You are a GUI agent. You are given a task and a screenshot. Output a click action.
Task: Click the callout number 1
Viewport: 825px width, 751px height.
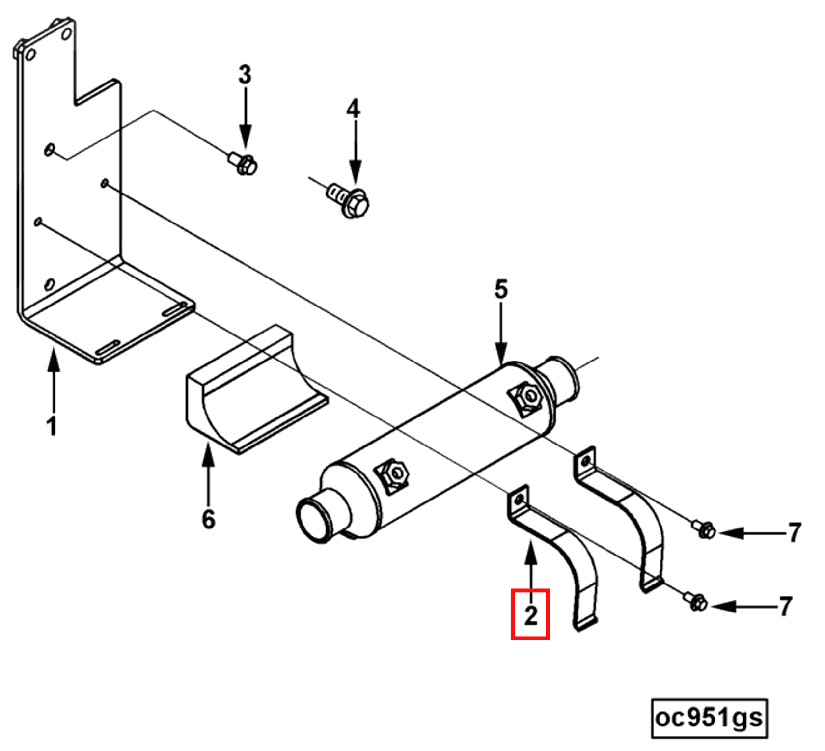coord(52,426)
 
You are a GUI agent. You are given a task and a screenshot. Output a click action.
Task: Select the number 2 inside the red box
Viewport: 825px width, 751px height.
coord(530,615)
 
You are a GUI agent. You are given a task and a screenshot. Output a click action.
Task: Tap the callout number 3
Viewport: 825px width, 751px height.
coord(245,75)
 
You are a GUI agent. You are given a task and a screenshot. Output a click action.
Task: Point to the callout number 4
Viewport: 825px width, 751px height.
coord(354,109)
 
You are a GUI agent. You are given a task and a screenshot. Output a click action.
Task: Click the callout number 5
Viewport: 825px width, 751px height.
coord(500,289)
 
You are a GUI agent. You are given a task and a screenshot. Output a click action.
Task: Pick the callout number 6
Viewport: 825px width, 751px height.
coord(209,519)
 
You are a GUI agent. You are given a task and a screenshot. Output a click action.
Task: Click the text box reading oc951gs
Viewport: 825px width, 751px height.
coord(709,718)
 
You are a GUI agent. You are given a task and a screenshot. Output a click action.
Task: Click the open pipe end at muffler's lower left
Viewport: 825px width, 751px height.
coord(314,521)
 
